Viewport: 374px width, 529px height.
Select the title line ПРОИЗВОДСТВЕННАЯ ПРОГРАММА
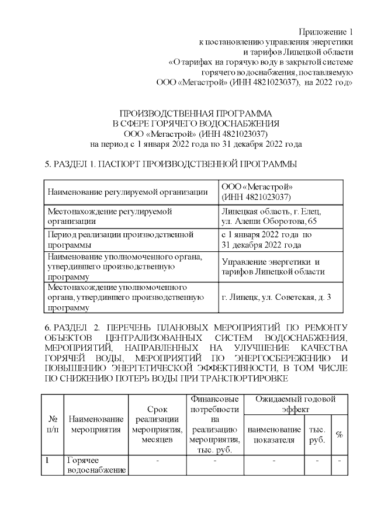(196, 113)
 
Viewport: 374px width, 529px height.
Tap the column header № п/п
(52, 424)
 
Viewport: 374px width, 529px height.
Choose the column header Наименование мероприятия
(96, 424)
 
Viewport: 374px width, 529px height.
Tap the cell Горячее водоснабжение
(96, 466)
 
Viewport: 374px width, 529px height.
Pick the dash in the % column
(339, 461)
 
